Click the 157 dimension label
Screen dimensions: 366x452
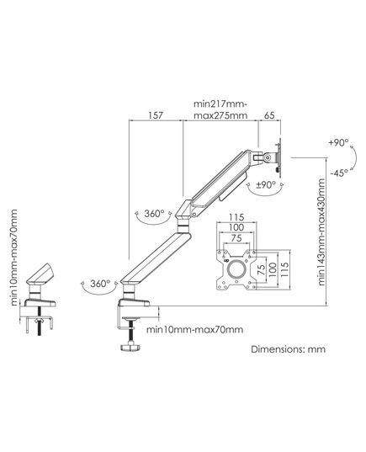point(156,115)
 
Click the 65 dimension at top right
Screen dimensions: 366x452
point(269,115)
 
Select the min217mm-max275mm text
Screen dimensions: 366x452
point(220,109)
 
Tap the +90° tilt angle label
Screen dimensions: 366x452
point(338,142)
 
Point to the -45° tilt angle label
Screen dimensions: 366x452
point(339,173)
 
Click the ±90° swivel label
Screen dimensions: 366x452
point(266,185)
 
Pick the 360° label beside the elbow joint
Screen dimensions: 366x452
point(154,214)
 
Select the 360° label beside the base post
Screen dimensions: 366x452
point(100,284)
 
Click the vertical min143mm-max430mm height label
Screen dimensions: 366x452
point(321,232)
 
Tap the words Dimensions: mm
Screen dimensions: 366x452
point(289,349)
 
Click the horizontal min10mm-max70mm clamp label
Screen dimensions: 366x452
point(195,329)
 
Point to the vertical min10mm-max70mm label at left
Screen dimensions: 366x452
point(13,258)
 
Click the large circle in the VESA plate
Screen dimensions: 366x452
point(236,269)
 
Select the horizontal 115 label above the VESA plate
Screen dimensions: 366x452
point(236,217)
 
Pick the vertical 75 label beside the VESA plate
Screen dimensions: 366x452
point(261,269)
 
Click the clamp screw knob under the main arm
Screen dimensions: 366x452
point(130,346)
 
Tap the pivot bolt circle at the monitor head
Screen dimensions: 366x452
point(268,157)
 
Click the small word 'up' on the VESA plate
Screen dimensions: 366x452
point(226,260)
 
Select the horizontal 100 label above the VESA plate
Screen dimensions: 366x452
point(236,227)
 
